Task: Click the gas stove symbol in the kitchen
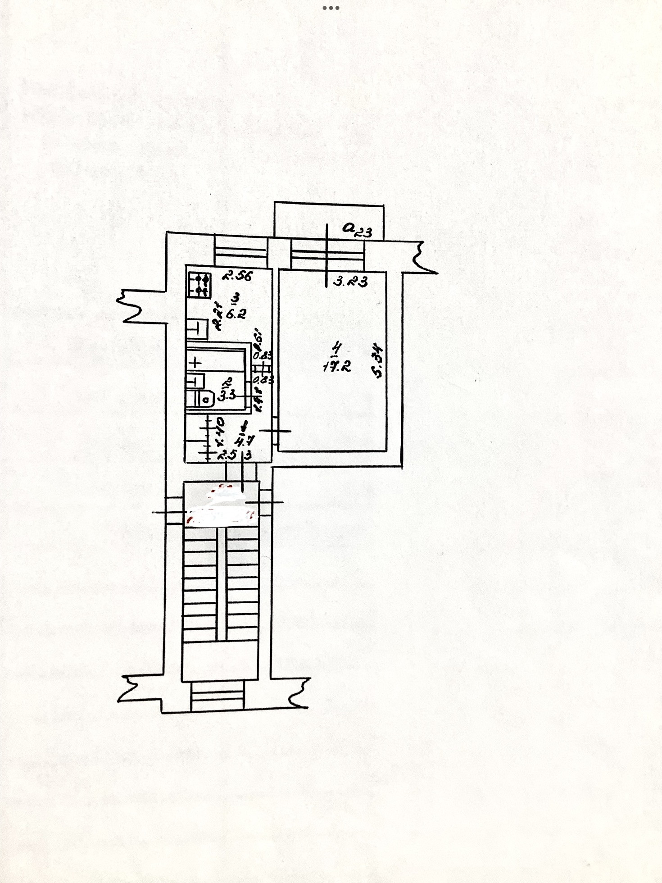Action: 198,285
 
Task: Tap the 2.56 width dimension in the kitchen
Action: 238,275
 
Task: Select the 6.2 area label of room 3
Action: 236,314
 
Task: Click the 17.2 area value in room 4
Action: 337,366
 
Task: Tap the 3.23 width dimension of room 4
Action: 350,282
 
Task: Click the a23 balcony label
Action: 357,230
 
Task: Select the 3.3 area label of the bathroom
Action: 226,396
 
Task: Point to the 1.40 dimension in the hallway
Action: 220,431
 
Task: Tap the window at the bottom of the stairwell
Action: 217,696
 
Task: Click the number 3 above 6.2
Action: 237,298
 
